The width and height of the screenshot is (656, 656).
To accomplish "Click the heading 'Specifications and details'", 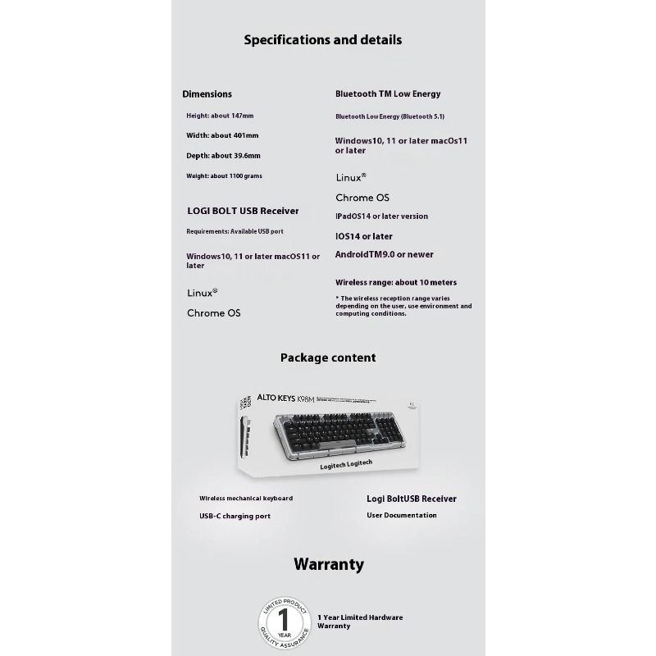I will coord(322,39).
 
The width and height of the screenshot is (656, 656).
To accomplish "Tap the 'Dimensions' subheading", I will coord(207,94).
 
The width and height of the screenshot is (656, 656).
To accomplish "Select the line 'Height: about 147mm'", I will coord(220,116).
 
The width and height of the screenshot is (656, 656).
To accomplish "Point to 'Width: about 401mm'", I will coord(222,135).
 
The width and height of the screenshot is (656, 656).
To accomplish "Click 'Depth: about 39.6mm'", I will coord(223,156).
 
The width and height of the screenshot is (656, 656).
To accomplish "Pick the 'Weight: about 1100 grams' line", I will coord(224,175).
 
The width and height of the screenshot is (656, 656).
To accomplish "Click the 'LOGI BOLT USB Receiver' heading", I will coord(243,211).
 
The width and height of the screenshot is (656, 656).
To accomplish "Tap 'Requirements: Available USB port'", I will coord(235,231).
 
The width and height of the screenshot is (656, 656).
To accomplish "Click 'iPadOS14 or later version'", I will coord(381,216).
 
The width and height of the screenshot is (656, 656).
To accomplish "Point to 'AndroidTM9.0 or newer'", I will coord(385,255).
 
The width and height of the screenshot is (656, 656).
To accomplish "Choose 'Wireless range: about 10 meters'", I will coord(396,282).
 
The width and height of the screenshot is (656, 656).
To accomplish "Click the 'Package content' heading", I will coord(328,358).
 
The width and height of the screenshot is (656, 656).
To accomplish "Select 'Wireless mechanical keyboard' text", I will coord(246,498).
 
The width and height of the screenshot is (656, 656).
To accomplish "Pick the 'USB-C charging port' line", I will coord(235,516).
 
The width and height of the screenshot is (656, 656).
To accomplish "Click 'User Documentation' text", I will coord(402,515).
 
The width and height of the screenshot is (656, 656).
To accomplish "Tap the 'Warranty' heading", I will coord(328,564).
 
